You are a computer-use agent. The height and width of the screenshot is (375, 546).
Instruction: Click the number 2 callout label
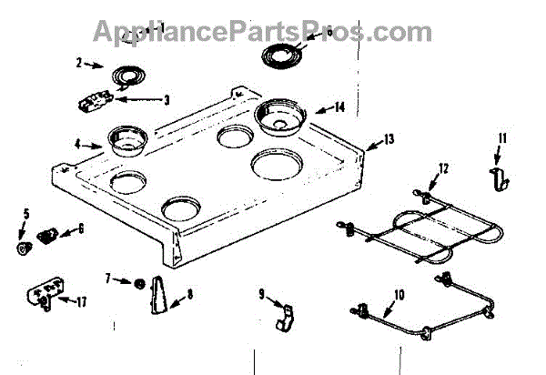(x=79, y=63)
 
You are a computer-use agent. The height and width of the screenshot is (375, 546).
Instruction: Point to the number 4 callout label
(x=79, y=142)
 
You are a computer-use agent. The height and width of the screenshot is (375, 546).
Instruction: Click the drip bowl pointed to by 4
(x=128, y=141)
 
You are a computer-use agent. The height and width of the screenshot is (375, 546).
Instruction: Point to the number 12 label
(x=443, y=168)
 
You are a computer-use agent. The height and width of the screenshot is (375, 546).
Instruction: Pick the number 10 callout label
(x=398, y=294)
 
